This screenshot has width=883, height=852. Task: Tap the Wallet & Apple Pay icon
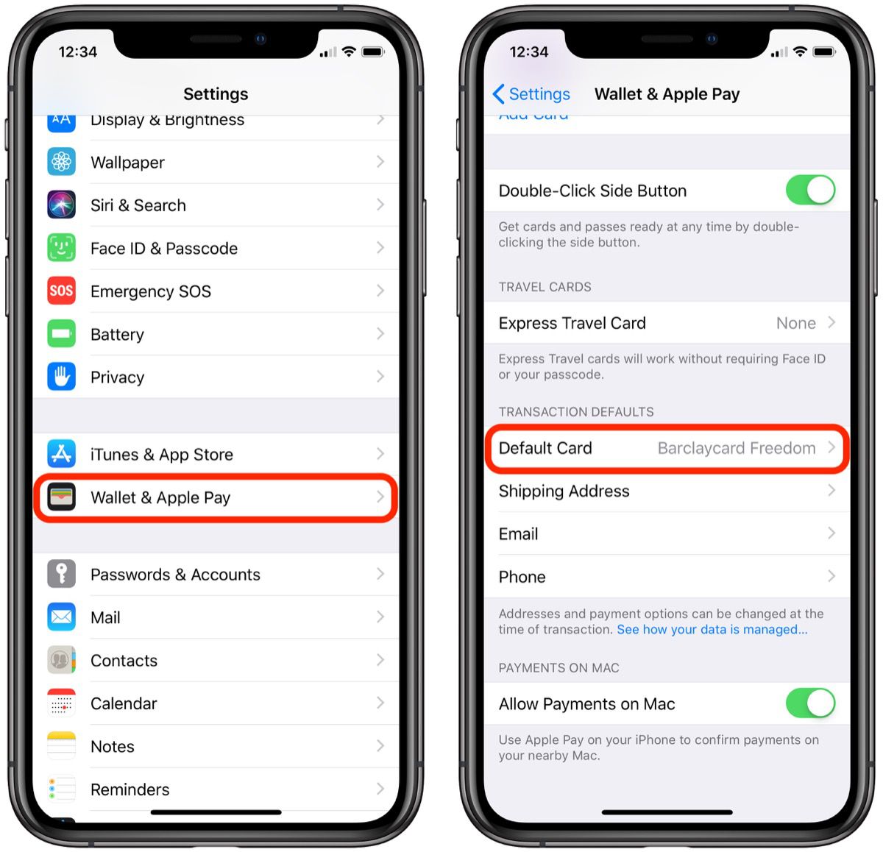coord(62,497)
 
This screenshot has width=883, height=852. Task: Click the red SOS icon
coord(62,291)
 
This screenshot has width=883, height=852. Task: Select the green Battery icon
coord(62,333)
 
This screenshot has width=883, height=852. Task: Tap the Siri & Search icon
coord(62,205)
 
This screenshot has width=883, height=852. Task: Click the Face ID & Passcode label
coord(163,249)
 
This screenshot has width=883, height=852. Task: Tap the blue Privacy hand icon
coord(62,377)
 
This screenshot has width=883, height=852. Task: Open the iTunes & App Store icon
coord(62,454)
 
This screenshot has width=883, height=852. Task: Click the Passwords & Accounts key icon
coord(62,574)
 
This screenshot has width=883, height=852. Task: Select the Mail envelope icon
coord(62,617)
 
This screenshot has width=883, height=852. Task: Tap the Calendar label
coord(124,703)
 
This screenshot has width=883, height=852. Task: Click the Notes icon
coord(62,746)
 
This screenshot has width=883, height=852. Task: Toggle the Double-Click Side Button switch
coord(810,190)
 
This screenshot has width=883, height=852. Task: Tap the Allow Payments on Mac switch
coord(810,703)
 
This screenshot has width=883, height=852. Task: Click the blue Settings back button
coord(531,94)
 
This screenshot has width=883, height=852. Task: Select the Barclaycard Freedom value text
coord(736,448)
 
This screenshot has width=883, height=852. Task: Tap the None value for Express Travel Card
coord(795,323)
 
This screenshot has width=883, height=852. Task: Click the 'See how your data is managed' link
coord(712,630)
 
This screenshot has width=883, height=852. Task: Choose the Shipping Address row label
coord(564,491)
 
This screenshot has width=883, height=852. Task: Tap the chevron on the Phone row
coord(831,576)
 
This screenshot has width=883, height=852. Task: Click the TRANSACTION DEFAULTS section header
coord(575,412)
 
